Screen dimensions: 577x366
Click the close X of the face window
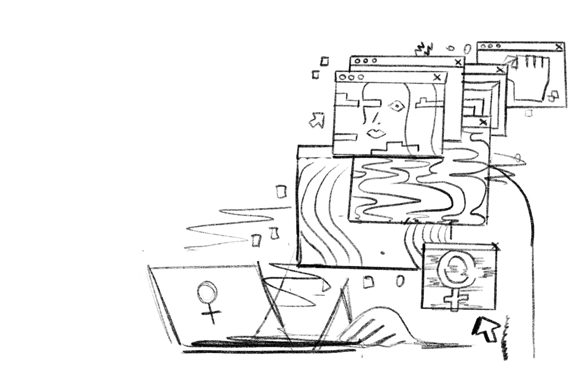(x=438, y=77)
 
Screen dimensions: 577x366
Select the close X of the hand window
(x=559, y=47)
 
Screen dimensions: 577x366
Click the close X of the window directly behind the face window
(x=458, y=62)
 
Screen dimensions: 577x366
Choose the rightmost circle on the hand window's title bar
(x=499, y=46)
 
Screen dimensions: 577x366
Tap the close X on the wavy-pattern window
(x=483, y=122)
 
